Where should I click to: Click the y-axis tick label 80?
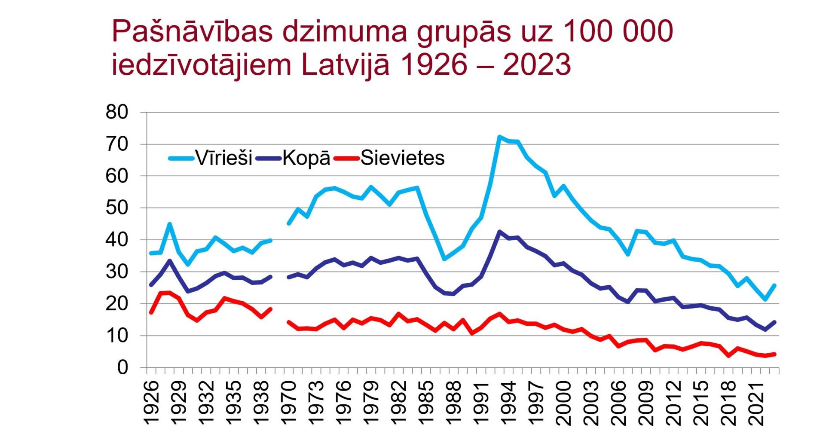[x=117, y=113]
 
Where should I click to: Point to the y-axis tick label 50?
[x=117, y=208]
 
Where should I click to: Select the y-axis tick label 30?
[x=117, y=272]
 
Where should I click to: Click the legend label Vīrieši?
[x=224, y=158]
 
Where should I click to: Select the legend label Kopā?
[x=306, y=158]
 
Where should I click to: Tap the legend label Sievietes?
[x=402, y=158]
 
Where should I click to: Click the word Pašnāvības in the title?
[x=192, y=32]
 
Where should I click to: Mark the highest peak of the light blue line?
[x=499, y=137]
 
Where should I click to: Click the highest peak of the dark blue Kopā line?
[x=499, y=232]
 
